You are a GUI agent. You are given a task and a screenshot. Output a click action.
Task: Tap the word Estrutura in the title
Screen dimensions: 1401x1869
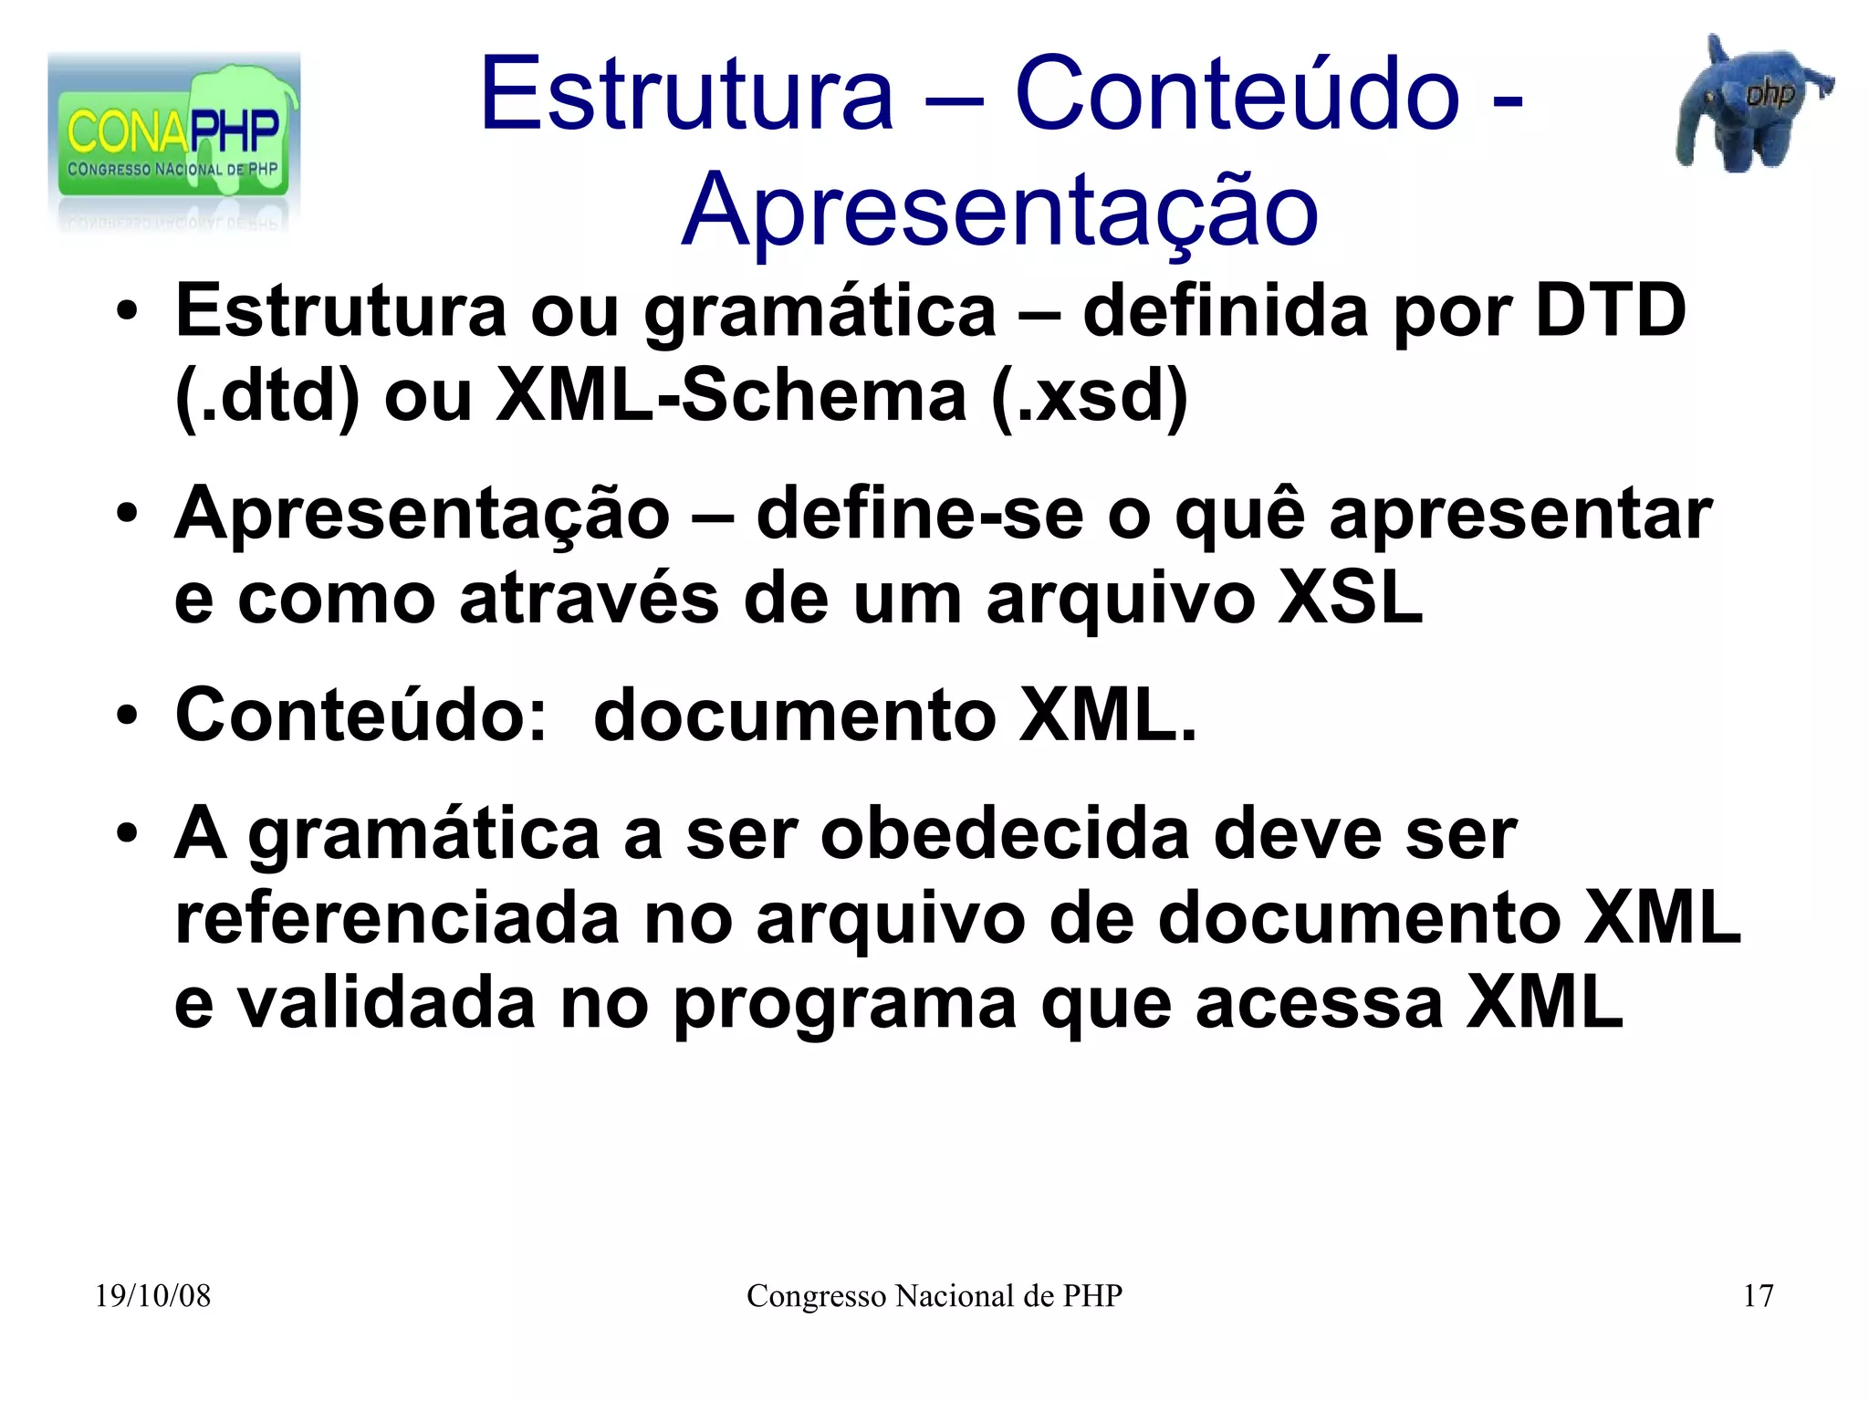tap(686, 94)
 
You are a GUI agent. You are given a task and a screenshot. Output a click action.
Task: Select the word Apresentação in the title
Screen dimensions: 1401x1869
tap(999, 212)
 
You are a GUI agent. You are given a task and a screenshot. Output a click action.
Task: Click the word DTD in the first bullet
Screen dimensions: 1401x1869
tap(1610, 311)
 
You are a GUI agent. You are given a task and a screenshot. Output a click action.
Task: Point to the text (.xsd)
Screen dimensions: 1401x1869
tap(1090, 396)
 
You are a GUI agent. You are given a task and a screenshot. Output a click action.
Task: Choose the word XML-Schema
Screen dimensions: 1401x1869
tap(731, 396)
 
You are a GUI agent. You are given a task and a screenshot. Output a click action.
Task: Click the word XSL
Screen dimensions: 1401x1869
tap(1350, 599)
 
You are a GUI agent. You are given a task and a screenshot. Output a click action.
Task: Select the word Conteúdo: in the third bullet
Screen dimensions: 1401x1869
tap(361, 715)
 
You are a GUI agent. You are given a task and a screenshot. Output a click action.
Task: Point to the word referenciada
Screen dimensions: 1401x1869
tap(398, 918)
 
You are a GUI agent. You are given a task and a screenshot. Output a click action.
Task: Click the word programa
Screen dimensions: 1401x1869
tap(844, 1005)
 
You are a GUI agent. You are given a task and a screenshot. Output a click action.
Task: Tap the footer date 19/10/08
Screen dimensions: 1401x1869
tap(152, 1296)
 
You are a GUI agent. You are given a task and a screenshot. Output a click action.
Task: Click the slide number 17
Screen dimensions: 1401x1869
tap(1758, 1296)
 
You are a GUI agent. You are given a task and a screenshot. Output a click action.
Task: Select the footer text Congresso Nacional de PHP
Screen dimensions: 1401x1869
tap(934, 1296)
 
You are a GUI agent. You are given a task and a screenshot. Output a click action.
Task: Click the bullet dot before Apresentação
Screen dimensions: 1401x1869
tap(127, 514)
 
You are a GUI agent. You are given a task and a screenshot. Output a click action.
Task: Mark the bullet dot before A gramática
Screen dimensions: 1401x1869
tap(127, 833)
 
